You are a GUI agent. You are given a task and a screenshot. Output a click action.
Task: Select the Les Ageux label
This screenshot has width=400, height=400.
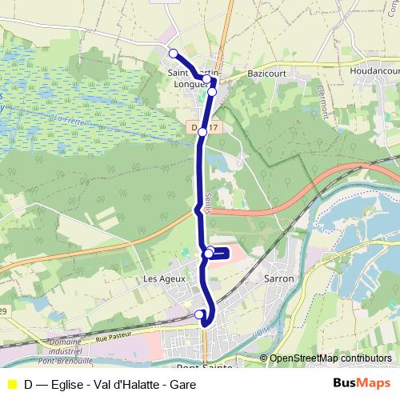pyautogui.click(x=164, y=278)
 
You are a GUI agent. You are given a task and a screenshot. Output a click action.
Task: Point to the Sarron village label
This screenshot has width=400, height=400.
pyautogui.click(x=279, y=278)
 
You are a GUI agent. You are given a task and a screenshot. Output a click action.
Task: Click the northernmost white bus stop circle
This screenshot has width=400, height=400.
pyautogui.click(x=173, y=53)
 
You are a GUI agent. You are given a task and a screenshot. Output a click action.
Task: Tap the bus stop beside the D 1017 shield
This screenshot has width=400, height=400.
pyautogui.click(x=203, y=132)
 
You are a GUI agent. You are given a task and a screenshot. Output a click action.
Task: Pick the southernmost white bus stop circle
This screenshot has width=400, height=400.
pyautogui.click(x=200, y=314)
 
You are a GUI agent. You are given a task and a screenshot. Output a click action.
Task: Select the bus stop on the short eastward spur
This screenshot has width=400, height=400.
pyautogui.click(x=209, y=254)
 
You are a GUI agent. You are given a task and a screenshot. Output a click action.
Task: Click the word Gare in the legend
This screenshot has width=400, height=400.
pyautogui.click(x=182, y=384)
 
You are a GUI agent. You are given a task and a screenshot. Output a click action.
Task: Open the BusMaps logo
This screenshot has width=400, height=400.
pyautogui.click(x=362, y=383)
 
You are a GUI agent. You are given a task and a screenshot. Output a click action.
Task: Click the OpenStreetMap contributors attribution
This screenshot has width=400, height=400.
pyautogui.click(x=330, y=358)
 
